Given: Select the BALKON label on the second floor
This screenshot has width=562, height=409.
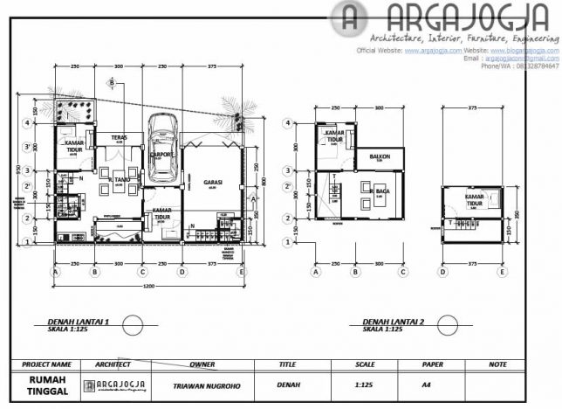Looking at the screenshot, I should pyautogui.click(x=380, y=157).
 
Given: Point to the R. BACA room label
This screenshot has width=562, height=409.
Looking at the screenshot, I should pyautogui.click(x=380, y=190).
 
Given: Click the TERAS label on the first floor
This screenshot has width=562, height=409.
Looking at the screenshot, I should pyautogui.click(x=120, y=137).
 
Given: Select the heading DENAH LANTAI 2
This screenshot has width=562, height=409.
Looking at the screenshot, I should pyautogui.click(x=393, y=322).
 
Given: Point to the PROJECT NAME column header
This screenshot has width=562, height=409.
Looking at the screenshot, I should pyautogui.click(x=46, y=364).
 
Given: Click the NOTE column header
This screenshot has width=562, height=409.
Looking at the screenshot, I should pyautogui.click(x=497, y=364).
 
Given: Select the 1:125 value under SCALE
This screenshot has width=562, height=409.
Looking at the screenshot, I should pyautogui.click(x=365, y=385).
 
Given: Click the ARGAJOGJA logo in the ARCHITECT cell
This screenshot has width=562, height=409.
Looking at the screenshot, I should pyautogui.click(x=114, y=385).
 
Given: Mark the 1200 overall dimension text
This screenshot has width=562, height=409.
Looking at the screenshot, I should pyautogui.click(x=148, y=286).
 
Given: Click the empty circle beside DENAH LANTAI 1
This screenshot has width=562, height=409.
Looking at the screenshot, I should pyautogui.click(x=132, y=325).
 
